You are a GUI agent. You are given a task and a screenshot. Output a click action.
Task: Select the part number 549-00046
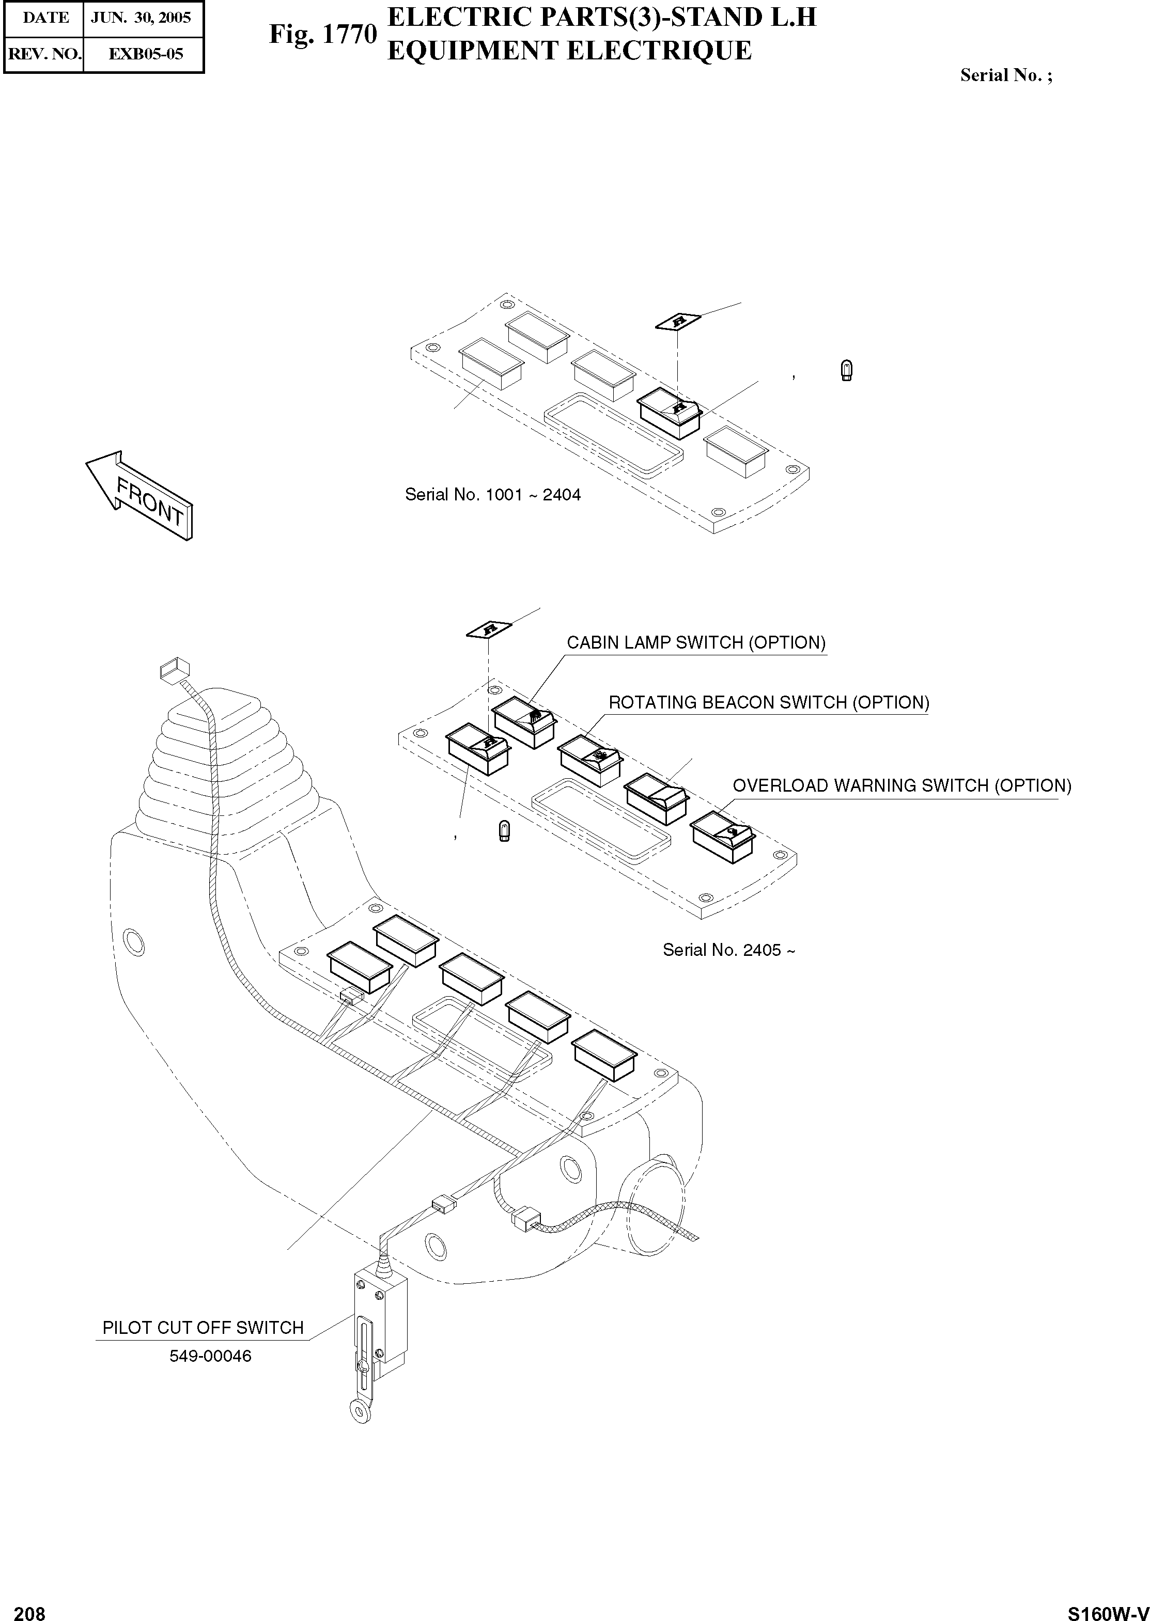click(210, 1356)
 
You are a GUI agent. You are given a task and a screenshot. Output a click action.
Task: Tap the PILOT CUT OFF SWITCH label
click(203, 1327)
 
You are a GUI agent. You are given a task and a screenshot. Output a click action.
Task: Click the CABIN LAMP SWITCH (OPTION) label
click(695, 643)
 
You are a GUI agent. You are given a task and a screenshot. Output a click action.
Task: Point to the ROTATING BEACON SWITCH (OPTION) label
click(768, 703)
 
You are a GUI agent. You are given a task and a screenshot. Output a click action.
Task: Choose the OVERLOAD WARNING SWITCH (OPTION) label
click(902, 786)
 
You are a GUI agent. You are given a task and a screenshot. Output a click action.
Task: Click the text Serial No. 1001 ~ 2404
click(492, 495)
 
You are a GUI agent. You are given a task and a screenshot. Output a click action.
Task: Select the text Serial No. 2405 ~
click(728, 950)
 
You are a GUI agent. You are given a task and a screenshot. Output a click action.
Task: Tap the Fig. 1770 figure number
click(322, 34)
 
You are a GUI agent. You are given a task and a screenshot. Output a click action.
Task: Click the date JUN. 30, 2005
click(141, 18)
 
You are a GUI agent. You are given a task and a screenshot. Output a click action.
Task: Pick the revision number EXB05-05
click(145, 54)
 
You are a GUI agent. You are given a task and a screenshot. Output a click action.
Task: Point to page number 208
click(30, 1610)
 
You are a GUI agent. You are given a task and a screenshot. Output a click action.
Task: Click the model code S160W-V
click(1108, 1610)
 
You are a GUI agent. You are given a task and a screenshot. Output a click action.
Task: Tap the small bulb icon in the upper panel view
click(846, 370)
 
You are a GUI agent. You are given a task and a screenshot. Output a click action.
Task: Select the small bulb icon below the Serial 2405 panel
click(504, 830)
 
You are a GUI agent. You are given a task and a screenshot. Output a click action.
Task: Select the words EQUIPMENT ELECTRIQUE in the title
click(569, 51)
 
